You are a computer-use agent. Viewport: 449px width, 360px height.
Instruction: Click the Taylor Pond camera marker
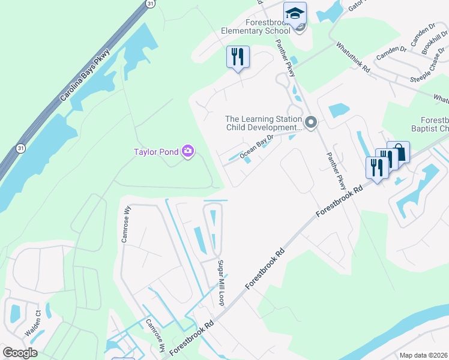click(x=188, y=151)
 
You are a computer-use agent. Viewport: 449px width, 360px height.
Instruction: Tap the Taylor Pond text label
click(x=156, y=152)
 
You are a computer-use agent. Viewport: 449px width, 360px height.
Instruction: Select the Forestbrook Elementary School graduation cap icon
click(x=295, y=13)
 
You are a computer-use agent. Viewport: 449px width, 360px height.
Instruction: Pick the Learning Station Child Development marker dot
click(x=310, y=122)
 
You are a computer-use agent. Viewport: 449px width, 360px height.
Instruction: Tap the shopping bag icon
click(x=398, y=152)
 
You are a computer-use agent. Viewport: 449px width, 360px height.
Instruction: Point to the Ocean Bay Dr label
click(x=256, y=148)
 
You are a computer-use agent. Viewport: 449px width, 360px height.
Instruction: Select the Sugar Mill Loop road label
click(x=221, y=283)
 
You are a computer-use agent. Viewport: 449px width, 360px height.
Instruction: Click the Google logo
click(x=20, y=353)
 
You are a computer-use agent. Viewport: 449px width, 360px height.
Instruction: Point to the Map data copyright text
click(x=424, y=355)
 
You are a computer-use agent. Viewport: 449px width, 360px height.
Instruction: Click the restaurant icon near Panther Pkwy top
click(x=238, y=58)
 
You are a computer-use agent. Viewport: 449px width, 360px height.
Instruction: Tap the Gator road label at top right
click(x=356, y=5)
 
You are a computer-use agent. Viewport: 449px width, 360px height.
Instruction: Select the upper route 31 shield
click(x=149, y=4)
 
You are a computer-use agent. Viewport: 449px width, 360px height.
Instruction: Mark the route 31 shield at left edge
click(x=21, y=148)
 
